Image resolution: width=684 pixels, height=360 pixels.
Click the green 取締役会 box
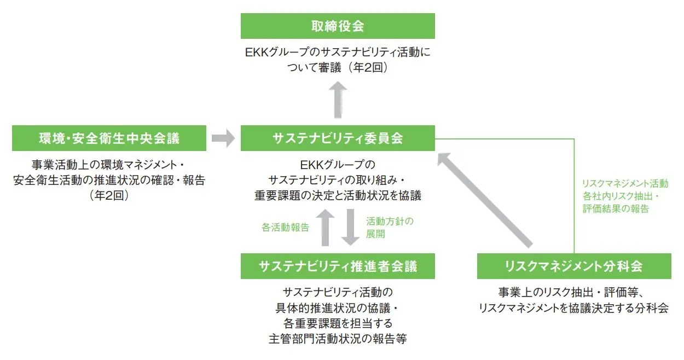click(338, 26)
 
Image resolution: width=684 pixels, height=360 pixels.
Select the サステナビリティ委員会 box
click(338, 138)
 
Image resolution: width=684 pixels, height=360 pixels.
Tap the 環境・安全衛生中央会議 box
click(109, 138)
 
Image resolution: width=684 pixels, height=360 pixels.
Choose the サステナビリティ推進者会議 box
click(338, 266)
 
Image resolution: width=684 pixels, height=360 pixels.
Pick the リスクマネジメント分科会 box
click(574, 266)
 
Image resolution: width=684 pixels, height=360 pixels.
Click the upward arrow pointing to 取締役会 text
click(338, 100)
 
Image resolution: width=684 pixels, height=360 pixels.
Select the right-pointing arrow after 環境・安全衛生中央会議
click(223, 138)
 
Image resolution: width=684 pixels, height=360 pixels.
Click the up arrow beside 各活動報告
click(325, 228)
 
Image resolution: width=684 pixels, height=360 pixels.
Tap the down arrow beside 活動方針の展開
click(350, 228)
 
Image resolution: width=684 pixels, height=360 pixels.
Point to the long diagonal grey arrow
click(485, 200)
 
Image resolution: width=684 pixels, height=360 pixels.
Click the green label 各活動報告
click(286, 228)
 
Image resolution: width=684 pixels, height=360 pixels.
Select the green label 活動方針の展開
click(390, 228)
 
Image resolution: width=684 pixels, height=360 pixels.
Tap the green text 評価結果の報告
click(616, 209)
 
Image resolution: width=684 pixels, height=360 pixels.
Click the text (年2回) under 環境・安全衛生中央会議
click(109, 195)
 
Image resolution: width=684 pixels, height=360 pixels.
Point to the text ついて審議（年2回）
click(338, 67)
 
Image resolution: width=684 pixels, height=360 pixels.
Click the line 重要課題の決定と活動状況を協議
click(338, 195)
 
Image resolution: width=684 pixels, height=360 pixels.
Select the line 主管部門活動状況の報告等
click(338, 339)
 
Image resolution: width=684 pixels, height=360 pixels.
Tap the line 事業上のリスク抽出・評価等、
click(572, 292)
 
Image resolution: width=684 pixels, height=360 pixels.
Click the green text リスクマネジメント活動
click(625, 183)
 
